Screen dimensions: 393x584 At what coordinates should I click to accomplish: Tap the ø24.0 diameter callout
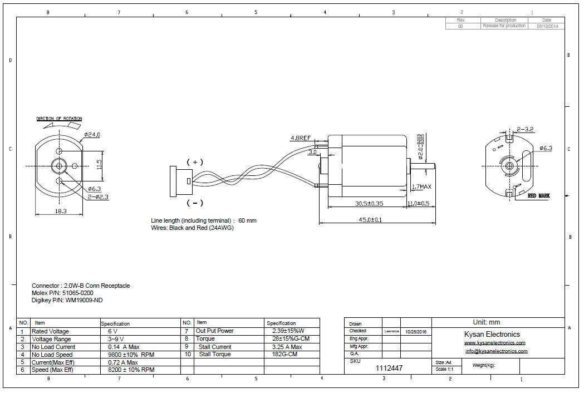click(92, 135)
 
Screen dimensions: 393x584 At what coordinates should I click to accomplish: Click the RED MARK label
click(538, 196)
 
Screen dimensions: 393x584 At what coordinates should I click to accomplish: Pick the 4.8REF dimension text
click(301, 138)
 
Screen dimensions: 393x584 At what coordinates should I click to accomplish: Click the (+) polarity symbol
click(195, 162)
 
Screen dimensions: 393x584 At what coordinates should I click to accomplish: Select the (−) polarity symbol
click(195, 203)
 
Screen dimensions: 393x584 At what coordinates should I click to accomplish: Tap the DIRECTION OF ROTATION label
click(59, 119)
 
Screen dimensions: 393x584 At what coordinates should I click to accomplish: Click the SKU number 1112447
click(389, 368)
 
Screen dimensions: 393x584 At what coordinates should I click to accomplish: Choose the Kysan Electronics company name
click(492, 334)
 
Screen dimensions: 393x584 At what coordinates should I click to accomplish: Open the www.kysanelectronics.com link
click(494, 343)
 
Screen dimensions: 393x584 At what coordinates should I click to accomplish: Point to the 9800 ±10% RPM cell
click(131, 354)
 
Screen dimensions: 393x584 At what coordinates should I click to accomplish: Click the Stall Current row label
click(214, 346)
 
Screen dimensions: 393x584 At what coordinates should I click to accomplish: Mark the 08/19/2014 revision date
click(547, 26)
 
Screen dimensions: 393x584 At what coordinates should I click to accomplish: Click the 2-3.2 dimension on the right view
click(525, 129)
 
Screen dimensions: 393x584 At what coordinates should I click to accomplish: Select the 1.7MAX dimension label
click(421, 186)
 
